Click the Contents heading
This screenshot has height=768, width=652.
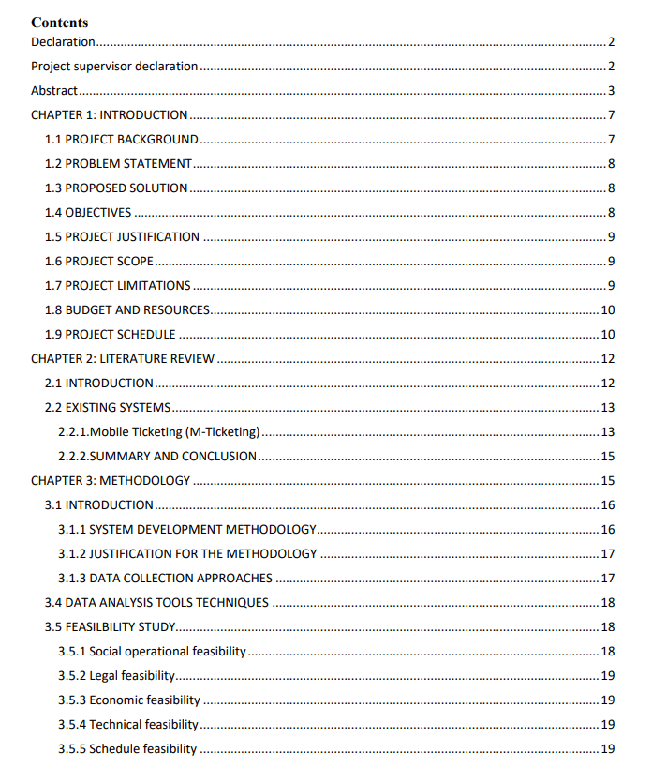(x=60, y=22)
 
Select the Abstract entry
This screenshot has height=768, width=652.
(x=54, y=91)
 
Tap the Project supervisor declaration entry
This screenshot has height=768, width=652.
(x=114, y=67)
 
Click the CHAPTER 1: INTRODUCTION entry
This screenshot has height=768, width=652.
(x=109, y=115)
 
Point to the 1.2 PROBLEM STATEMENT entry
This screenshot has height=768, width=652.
(x=118, y=164)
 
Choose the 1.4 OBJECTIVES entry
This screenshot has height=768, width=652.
(x=88, y=213)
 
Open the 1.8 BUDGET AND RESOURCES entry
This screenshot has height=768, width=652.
(x=127, y=310)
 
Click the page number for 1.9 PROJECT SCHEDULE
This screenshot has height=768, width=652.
(x=607, y=335)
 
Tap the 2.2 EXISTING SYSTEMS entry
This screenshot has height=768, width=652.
(x=108, y=408)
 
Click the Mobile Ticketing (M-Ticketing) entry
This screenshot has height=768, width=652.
(x=158, y=432)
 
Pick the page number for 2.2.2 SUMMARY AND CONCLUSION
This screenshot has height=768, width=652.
(x=607, y=457)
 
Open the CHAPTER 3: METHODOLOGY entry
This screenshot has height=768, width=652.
(x=111, y=481)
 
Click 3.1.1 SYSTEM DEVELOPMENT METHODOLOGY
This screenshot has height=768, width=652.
(x=186, y=530)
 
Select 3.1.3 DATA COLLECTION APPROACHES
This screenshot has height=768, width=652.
(x=165, y=579)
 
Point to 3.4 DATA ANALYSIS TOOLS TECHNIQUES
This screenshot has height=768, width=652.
(x=156, y=603)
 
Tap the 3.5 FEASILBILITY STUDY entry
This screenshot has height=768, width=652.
(x=111, y=627)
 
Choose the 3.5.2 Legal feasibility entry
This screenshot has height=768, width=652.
(x=116, y=676)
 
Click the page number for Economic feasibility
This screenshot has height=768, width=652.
(x=607, y=700)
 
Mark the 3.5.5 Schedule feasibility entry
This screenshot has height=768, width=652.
(x=127, y=749)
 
